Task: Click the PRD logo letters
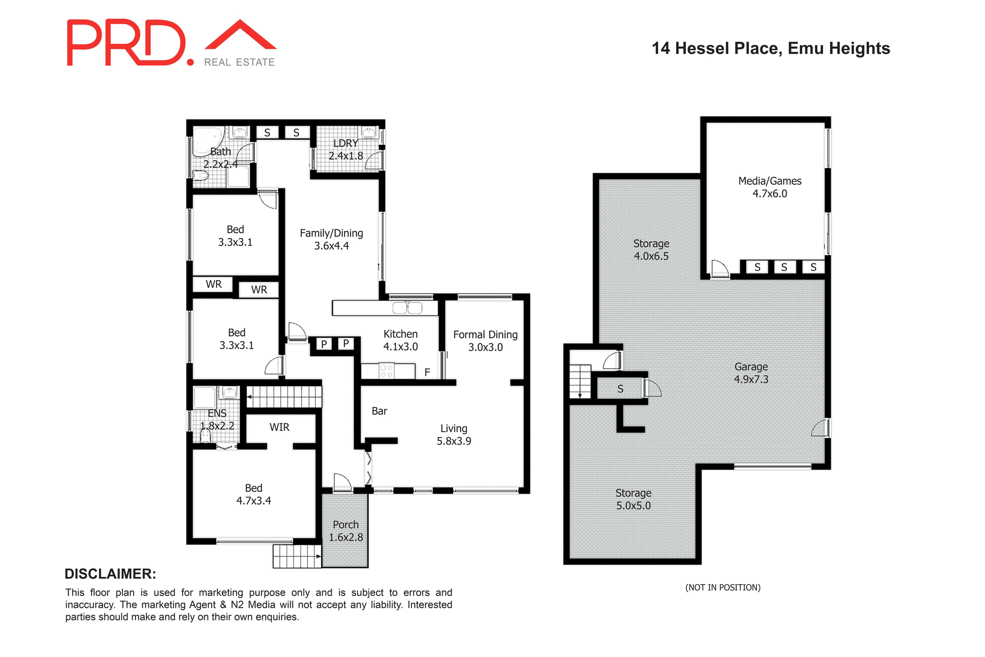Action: tap(126, 43)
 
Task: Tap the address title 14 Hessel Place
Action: tap(771, 48)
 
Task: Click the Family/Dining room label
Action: tap(331, 240)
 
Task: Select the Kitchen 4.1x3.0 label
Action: tap(400, 340)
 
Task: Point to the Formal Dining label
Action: tap(485, 341)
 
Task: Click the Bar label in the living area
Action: tap(379, 411)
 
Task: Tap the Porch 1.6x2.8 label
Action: tap(346, 531)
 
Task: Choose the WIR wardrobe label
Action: tap(280, 427)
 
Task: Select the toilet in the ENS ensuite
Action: tap(206, 436)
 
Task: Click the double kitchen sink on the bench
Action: tap(407, 308)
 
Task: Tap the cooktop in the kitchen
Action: tap(386, 371)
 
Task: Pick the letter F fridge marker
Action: tap(427, 373)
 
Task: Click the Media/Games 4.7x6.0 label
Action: tap(770, 187)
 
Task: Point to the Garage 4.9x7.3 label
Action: tap(751, 373)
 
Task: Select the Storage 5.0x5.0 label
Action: tap(634, 499)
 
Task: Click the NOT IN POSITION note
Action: tap(723, 588)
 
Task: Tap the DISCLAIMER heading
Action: tap(110, 574)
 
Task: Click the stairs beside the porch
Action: tap(297, 556)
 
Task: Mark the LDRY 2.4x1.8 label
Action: tap(346, 149)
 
